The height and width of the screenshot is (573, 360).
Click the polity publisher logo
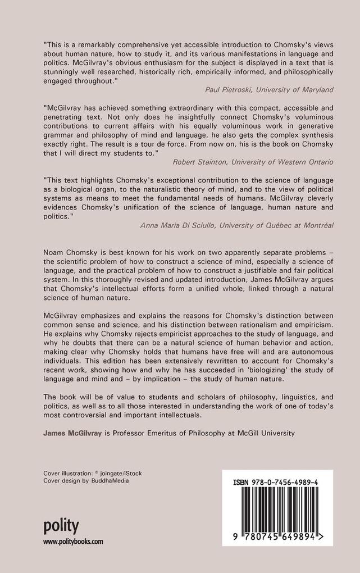pos(61,526)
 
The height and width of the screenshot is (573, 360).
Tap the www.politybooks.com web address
pos(73,542)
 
